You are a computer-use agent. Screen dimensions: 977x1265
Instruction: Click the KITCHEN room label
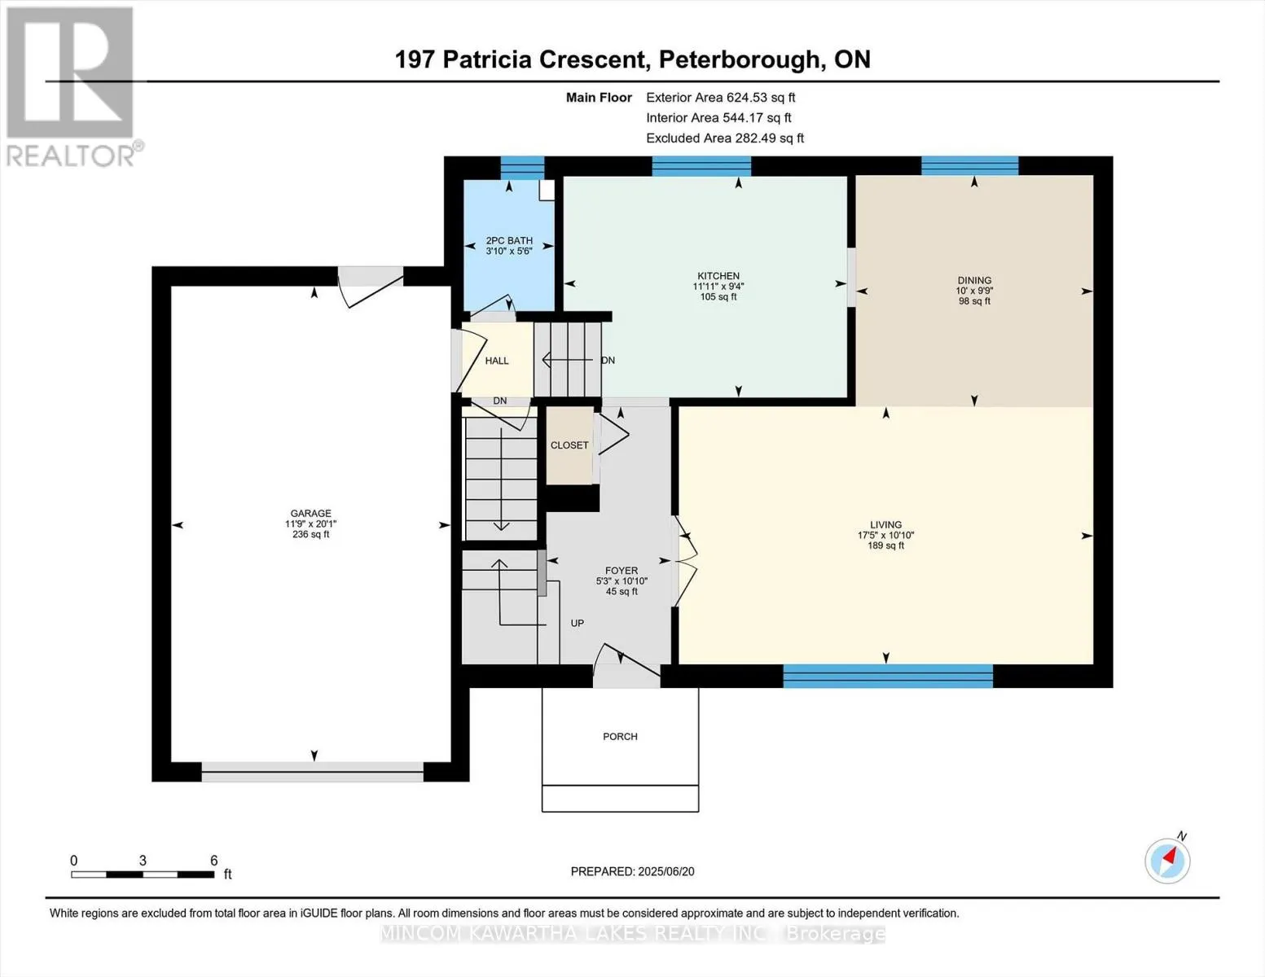click(x=718, y=276)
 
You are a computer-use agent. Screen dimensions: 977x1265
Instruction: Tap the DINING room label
click(x=974, y=280)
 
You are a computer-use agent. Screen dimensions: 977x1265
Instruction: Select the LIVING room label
click(x=885, y=525)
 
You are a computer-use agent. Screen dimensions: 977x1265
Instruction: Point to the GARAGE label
click(x=310, y=514)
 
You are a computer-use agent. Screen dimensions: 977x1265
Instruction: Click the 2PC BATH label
click(x=509, y=241)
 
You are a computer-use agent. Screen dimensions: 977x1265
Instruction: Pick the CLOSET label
click(x=569, y=445)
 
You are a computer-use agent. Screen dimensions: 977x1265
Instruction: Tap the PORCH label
click(x=620, y=737)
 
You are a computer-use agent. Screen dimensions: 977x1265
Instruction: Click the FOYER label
click(x=622, y=571)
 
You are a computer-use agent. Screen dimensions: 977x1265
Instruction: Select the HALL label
click(x=497, y=361)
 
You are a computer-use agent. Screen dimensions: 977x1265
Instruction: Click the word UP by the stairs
click(x=578, y=624)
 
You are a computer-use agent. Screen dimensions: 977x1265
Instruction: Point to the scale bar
click(x=143, y=874)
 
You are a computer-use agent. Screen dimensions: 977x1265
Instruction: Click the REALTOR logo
click(x=70, y=85)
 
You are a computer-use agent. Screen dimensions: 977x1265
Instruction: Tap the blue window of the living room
click(x=888, y=676)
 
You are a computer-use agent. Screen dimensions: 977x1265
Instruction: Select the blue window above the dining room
click(x=969, y=166)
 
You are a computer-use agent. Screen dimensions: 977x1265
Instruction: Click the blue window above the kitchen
click(x=701, y=166)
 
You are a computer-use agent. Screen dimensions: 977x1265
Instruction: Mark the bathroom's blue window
click(x=522, y=167)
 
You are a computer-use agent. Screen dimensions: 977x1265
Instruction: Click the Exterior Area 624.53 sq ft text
click(x=720, y=98)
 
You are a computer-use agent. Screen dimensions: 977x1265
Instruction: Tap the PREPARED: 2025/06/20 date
click(x=632, y=872)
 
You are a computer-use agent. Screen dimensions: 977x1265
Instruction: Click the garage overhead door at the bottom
click(x=313, y=772)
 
